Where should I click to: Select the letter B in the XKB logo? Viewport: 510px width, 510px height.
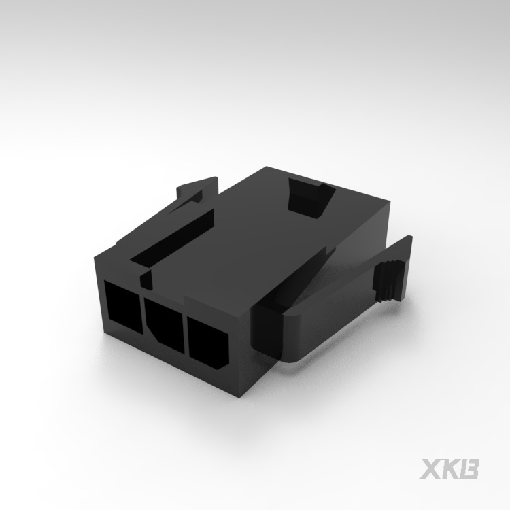tap(468, 469)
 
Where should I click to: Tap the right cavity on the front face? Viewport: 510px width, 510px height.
tap(207, 343)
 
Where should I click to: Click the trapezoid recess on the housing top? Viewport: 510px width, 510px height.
tap(311, 197)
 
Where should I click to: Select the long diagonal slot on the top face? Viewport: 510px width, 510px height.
tap(173, 238)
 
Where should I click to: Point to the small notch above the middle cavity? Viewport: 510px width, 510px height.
tap(146, 279)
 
